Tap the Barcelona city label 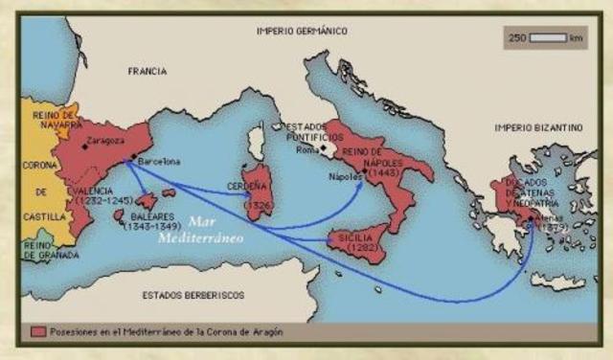coord(159,162)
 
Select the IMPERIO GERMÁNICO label coord(301,32)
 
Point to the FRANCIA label coord(147,72)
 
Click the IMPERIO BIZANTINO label coord(538,127)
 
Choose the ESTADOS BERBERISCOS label coord(192,294)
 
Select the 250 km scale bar coord(548,38)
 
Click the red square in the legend coord(38,331)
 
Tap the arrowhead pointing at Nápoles coord(361,184)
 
